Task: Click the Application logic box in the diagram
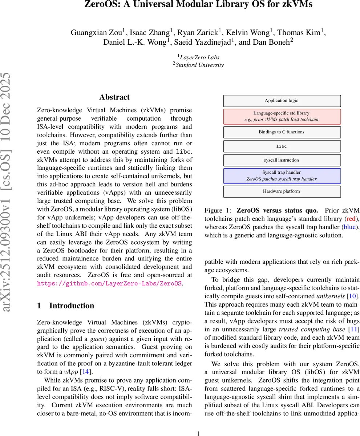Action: click(282, 101)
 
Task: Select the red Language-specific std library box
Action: click(282, 116)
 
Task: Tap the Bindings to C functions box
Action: click(282, 132)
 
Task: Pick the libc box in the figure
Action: click(282, 146)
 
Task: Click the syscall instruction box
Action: click(282, 160)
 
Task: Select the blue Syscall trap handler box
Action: click(282, 175)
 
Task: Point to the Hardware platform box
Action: click(282, 191)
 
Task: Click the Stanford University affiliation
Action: click(199, 65)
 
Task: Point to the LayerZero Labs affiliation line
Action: click(199, 57)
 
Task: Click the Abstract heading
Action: click(114, 97)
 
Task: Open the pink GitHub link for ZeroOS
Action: click(109, 283)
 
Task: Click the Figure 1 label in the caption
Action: click(218, 210)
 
